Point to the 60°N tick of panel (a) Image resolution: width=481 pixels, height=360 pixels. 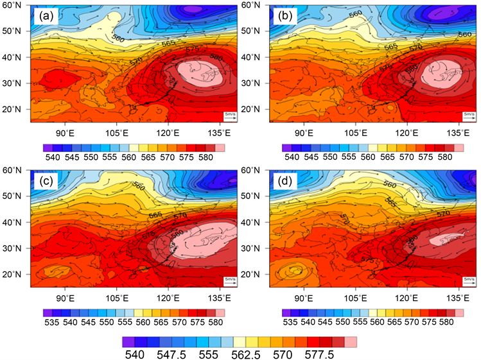(15, 5)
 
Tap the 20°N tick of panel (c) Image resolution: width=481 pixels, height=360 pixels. (15, 275)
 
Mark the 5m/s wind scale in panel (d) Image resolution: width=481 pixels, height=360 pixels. (469, 281)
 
